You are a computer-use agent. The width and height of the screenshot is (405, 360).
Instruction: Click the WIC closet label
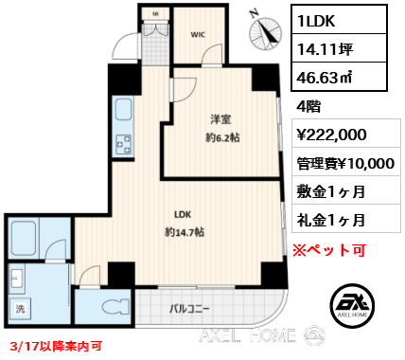198,34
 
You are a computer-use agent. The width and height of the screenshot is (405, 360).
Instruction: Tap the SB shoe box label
155,14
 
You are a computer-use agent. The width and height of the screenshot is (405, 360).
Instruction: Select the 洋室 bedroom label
220,119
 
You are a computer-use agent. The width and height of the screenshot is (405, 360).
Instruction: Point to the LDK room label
183,215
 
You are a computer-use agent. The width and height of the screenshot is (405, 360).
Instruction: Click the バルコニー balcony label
189,309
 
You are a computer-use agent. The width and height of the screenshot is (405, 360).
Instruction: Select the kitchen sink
123,110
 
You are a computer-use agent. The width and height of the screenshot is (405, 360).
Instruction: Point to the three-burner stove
124,144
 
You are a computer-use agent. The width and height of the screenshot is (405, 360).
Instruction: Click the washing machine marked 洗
20,309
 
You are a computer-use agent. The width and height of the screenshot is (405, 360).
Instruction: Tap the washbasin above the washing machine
17,278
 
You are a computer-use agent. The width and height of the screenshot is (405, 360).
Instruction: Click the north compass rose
265,33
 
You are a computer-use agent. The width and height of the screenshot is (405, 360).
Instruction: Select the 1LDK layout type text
316,21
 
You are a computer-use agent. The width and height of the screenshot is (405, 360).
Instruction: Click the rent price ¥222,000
331,135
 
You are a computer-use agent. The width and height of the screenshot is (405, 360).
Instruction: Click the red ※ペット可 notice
329,250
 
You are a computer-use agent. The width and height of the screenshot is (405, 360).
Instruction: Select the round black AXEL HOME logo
353,305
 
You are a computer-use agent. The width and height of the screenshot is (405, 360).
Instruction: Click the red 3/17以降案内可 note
56,346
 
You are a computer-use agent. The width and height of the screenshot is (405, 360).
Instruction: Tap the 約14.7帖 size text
185,233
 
